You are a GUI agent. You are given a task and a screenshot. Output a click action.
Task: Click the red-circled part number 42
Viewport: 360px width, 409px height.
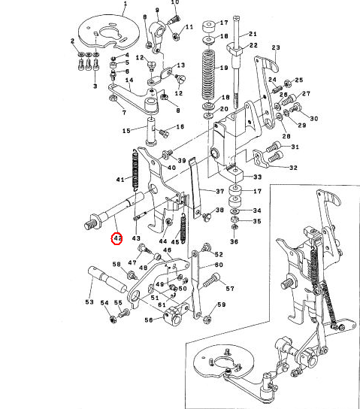click(x=116, y=238)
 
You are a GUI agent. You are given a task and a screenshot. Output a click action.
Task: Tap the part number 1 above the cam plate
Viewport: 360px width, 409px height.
click(x=126, y=4)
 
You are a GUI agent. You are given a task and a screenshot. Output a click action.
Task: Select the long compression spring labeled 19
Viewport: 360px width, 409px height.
click(x=208, y=75)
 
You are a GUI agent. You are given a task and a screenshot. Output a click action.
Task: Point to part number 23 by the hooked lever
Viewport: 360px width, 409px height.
click(x=276, y=47)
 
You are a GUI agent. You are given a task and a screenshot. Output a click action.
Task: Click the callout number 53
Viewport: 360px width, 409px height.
click(x=89, y=301)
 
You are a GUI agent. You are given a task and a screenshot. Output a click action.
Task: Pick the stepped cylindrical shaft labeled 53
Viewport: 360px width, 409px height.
click(x=107, y=280)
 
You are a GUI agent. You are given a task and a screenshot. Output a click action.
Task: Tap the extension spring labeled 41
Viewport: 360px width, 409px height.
click(x=135, y=170)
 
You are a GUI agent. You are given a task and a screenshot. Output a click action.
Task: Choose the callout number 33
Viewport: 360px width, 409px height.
click(x=257, y=177)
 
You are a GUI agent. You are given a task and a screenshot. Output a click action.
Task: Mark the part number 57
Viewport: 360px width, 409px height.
click(x=230, y=289)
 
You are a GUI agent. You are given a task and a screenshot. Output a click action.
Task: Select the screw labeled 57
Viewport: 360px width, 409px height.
click(x=211, y=280)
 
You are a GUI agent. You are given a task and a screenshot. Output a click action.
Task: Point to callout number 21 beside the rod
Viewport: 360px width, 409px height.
click(x=253, y=34)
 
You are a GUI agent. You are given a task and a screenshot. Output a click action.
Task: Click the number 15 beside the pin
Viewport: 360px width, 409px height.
click(x=126, y=130)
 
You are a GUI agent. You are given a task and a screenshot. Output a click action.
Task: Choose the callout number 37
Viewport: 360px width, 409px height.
click(x=220, y=191)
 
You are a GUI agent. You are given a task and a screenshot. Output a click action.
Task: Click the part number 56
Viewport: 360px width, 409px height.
click(x=149, y=320)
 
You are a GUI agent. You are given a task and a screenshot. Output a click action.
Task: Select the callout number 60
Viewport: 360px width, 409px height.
click(x=219, y=265)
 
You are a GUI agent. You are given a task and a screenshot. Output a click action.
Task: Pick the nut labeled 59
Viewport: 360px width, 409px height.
click(x=207, y=319)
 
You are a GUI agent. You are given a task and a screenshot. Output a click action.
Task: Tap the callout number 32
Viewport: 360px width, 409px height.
click(x=293, y=168)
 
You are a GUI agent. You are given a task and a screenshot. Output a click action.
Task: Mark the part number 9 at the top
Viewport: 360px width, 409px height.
click(x=157, y=11)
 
